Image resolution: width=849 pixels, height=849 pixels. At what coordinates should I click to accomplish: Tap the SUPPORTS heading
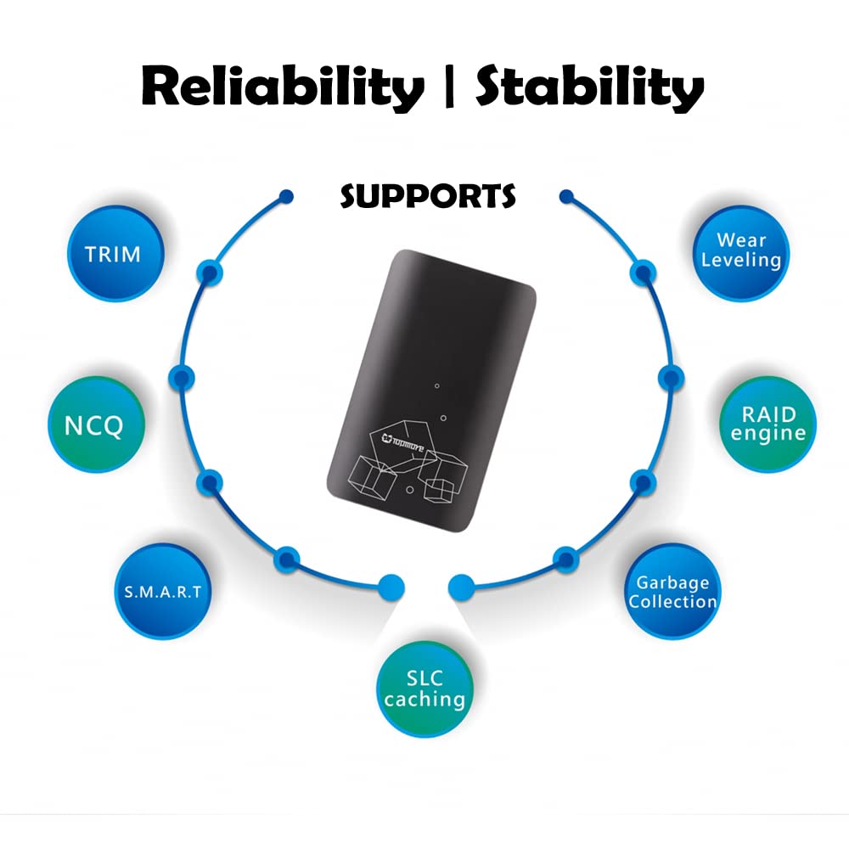point(428,197)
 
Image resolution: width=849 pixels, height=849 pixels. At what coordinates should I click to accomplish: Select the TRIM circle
point(115,253)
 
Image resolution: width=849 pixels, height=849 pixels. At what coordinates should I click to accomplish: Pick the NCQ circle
point(97,424)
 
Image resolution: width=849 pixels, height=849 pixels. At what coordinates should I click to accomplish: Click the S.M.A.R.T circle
point(162,591)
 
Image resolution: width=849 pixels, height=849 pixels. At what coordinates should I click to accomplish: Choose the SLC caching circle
point(424,689)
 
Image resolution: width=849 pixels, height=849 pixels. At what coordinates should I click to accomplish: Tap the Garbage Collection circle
point(672,591)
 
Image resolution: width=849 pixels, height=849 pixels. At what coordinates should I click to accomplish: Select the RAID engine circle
point(767,424)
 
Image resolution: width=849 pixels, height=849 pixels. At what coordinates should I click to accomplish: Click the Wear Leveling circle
point(741,253)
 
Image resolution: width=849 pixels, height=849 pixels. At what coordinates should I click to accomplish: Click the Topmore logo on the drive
point(402,441)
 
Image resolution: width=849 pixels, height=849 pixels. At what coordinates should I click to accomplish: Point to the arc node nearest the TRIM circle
point(210,273)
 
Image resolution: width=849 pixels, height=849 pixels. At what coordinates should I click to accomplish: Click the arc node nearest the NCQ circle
point(182,378)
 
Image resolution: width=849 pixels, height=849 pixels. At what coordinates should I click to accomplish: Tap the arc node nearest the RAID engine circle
point(672,378)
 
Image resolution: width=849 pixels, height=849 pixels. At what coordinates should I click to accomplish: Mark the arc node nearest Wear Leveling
point(643,273)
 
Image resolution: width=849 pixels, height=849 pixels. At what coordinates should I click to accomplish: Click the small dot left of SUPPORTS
point(286,196)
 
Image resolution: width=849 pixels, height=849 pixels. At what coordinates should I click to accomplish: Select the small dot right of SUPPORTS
point(566,196)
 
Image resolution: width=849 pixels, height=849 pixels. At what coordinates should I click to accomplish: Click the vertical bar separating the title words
point(448,87)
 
